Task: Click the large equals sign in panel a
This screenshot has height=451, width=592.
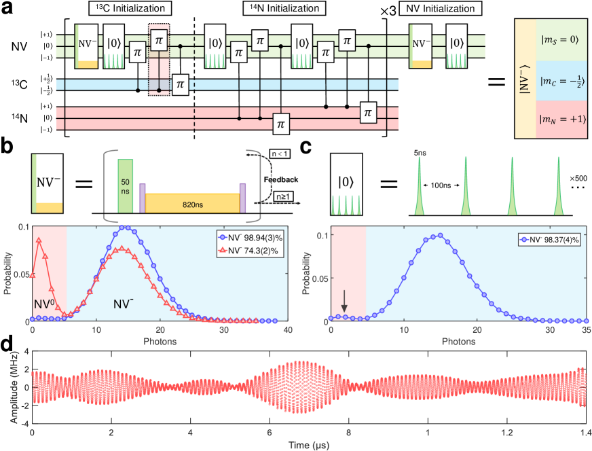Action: point(498,84)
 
